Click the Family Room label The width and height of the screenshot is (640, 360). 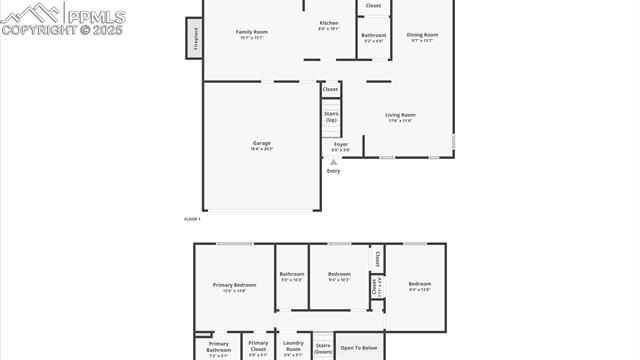coord(252,33)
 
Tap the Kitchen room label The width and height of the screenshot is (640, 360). coord(329,24)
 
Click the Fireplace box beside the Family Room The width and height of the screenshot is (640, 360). coord(194,38)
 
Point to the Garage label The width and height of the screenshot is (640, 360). coord(261,144)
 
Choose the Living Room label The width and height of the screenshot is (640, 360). coord(400,116)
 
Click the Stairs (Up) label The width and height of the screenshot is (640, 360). coord(331,116)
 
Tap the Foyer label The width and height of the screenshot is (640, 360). coord(341,146)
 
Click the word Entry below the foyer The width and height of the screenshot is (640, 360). coord(334,171)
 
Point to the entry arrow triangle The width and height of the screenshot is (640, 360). coord(334,162)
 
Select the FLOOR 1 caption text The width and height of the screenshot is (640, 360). coord(192,218)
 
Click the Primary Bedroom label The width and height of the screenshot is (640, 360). coord(235,286)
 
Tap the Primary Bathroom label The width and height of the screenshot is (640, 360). coord(219,347)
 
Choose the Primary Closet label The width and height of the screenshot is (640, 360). coord(258,347)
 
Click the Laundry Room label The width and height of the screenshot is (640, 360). coord(293,347)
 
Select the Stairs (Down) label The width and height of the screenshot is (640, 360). coord(323,347)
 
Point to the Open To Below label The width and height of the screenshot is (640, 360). coord(359,348)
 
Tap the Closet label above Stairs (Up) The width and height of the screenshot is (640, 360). coord(330,89)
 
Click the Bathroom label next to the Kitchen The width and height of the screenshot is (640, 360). coord(373,37)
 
